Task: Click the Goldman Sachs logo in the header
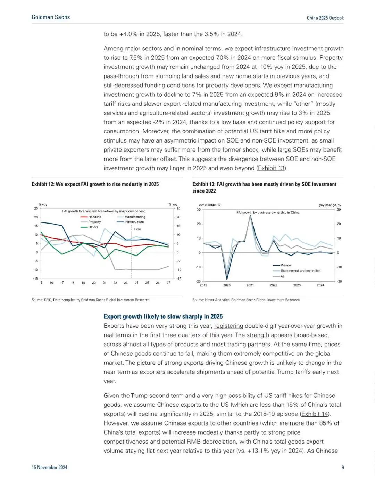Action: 51,17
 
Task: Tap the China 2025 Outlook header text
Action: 325,18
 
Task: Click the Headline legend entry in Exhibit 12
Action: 91,217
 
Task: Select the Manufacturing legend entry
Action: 131,217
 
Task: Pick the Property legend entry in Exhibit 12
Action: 91,222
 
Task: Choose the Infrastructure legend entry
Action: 130,222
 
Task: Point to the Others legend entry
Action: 89,227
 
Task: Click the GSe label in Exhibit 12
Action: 137,229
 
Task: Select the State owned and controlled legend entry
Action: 297,270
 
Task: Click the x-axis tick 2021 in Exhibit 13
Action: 250,285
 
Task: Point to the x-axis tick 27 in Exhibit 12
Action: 168,283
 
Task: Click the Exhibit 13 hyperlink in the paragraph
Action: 271,168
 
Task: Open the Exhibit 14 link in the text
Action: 315,414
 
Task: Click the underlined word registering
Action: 228,326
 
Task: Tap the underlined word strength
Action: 258,335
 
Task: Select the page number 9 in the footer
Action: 343,467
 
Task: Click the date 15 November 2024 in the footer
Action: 49,467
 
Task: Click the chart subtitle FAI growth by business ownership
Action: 268,212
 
